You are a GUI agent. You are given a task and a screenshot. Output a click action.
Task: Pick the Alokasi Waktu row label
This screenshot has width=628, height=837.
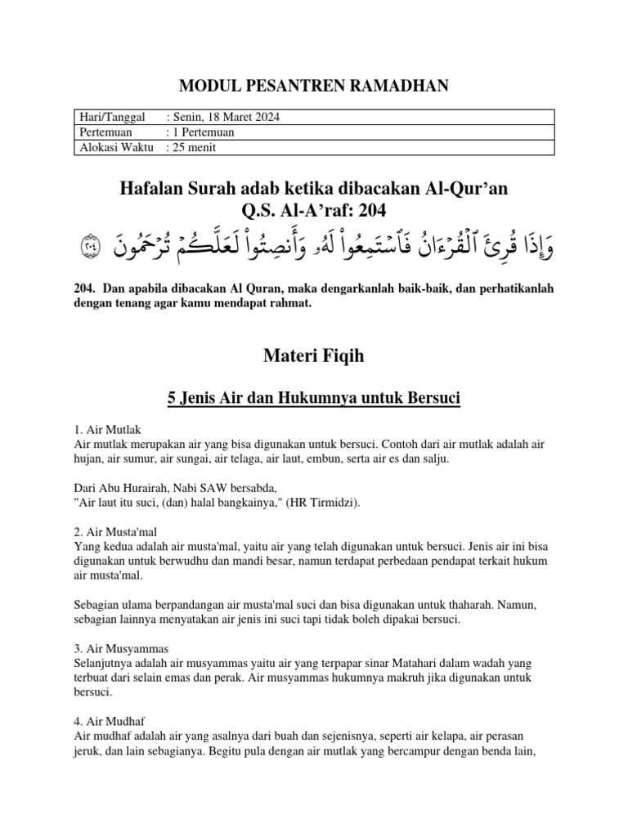[114, 147]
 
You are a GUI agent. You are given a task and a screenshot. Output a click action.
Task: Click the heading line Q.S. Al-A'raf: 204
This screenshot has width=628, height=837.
[314, 212]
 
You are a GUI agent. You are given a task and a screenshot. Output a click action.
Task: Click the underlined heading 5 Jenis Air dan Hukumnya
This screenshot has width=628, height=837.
[314, 398]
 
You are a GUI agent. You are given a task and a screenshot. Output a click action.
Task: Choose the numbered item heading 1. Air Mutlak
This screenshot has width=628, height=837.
[108, 429]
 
